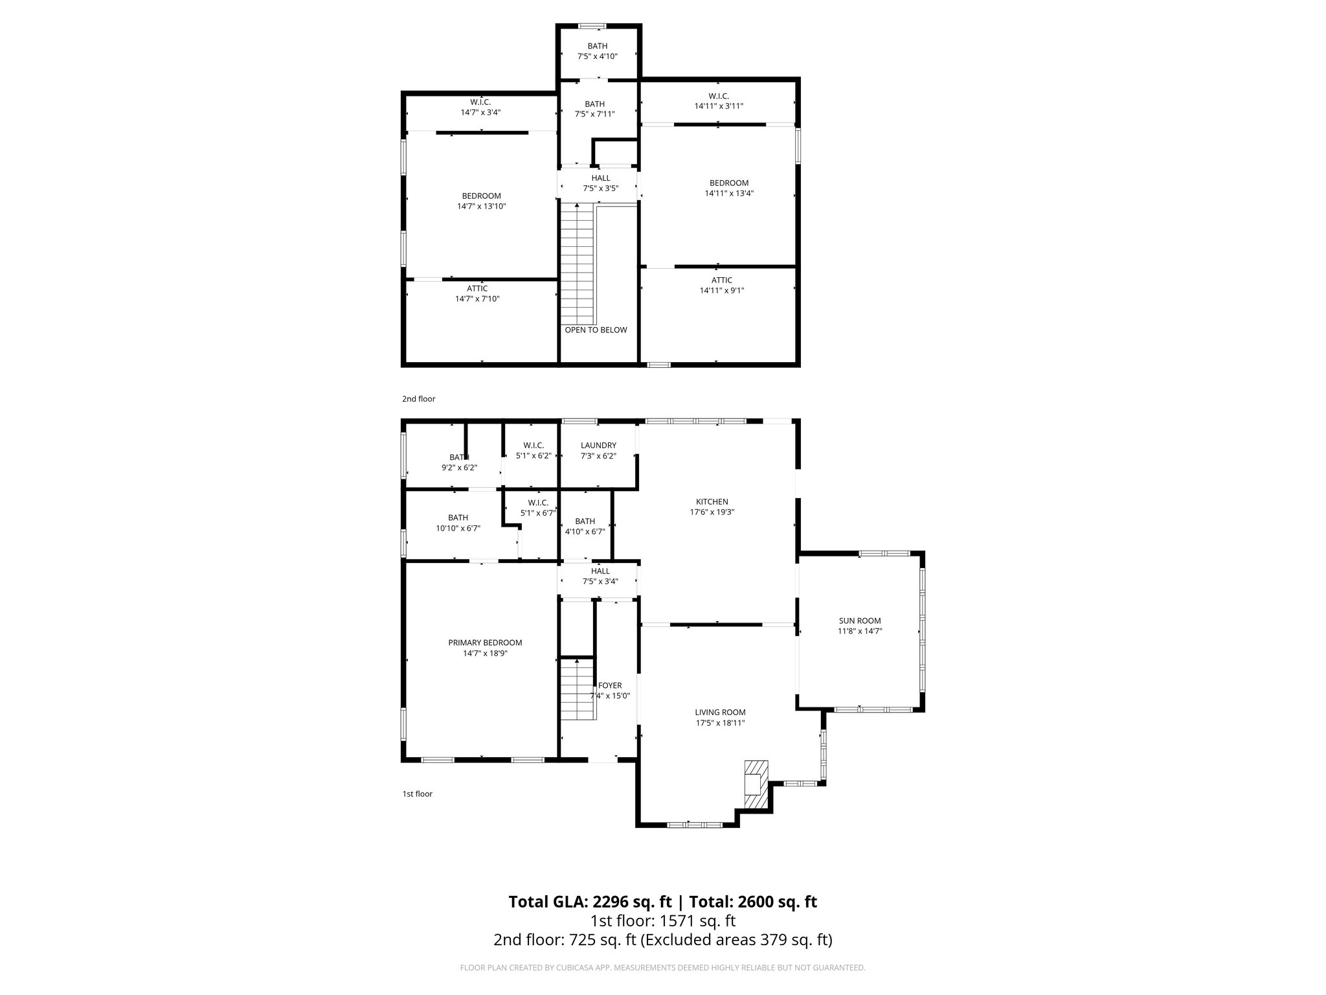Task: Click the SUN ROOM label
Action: click(x=860, y=621)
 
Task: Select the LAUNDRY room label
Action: click(x=598, y=446)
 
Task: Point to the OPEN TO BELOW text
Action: click(x=596, y=330)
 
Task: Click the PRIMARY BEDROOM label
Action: click(x=485, y=643)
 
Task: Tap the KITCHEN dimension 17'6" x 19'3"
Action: click(x=712, y=512)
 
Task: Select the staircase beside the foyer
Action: click(x=577, y=688)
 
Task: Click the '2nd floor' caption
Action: click(x=419, y=399)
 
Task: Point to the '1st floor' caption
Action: click(x=418, y=794)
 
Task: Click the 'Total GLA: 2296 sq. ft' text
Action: click(x=590, y=902)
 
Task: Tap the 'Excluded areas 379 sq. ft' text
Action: click(x=736, y=939)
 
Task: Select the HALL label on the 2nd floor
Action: click(x=600, y=178)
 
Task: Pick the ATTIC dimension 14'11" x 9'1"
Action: click(x=722, y=291)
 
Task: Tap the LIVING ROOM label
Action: click(x=720, y=713)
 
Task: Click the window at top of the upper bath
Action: click(x=592, y=27)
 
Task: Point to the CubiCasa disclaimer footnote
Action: click(x=662, y=968)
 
